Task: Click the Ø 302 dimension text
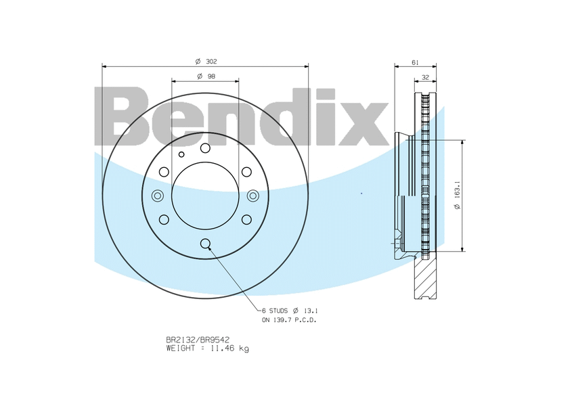(x=205, y=62)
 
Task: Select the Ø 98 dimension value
(x=205, y=76)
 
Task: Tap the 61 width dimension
(x=415, y=62)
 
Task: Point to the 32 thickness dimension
(x=425, y=76)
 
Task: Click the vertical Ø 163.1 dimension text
(x=458, y=196)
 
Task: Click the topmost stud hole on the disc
(x=205, y=148)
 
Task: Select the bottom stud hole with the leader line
(x=205, y=243)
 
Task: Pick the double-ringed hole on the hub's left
(x=158, y=196)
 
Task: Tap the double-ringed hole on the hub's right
(x=252, y=196)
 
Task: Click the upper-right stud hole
(x=246, y=172)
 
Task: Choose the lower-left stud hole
(x=164, y=219)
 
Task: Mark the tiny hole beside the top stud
(x=181, y=154)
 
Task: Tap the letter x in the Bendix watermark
(x=366, y=123)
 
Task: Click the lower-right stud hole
(x=246, y=219)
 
